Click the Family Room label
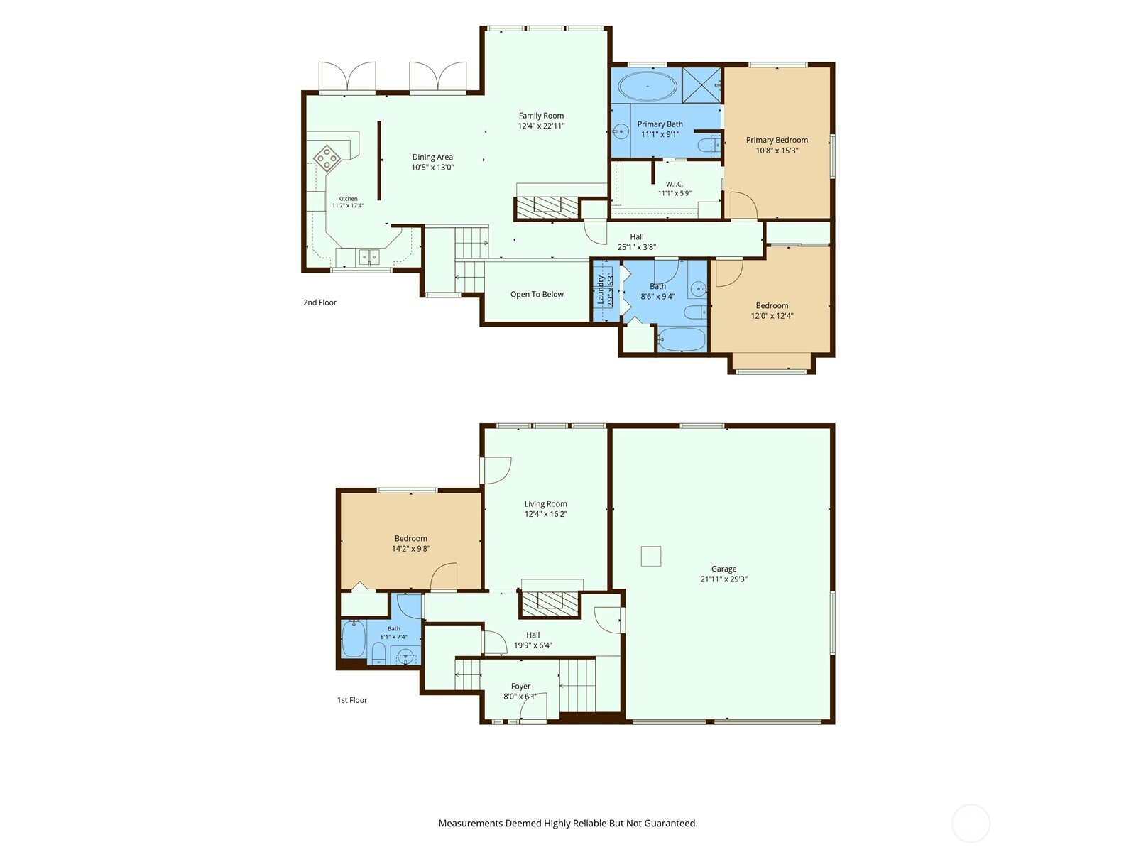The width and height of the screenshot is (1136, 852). pyautogui.click(x=541, y=116)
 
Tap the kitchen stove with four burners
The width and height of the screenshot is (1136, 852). pyautogui.click(x=327, y=157)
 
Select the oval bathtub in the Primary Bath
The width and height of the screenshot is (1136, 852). pyautogui.click(x=647, y=86)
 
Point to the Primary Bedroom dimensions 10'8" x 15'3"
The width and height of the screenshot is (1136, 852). pyautogui.click(x=777, y=151)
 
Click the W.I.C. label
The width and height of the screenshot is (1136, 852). pyautogui.click(x=674, y=184)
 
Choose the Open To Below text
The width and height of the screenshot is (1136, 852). pyautogui.click(x=537, y=295)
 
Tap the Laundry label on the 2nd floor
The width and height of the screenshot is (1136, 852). pyautogui.click(x=601, y=290)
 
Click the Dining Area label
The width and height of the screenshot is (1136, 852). pyautogui.click(x=432, y=157)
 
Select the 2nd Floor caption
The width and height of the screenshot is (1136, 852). pyautogui.click(x=319, y=302)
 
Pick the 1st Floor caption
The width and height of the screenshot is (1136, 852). pyautogui.click(x=352, y=700)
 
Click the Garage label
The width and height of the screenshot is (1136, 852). pyautogui.click(x=723, y=569)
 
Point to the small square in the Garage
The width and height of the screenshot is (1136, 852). pyautogui.click(x=651, y=556)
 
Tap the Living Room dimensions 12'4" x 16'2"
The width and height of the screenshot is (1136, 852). pyautogui.click(x=545, y=514)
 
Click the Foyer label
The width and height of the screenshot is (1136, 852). pyautogui.click(x=520, y=687)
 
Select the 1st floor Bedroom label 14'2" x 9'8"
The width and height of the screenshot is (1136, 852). pyautogui.click(x=411, y=544)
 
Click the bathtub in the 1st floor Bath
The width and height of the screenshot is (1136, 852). pyautogui.click(x=354, y=638)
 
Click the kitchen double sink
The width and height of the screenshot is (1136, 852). pyautogui.click(x=369, y=256)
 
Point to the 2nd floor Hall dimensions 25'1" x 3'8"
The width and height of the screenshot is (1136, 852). pyautogui.click(x=637, y=247)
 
